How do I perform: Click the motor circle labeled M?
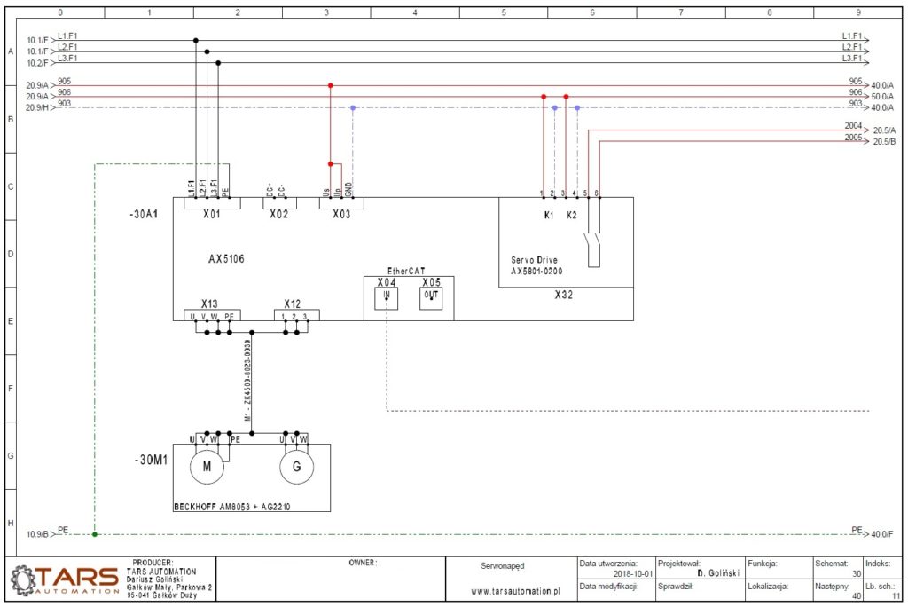coord(207,468)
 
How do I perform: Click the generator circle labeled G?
coord(297,468)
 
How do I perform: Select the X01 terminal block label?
coord(211,215)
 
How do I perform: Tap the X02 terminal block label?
coord(278,215)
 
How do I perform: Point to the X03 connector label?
coord(341,215)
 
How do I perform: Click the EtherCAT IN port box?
coord(387,297)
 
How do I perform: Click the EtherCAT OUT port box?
coord(431,297)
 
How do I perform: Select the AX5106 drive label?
coord(226,259)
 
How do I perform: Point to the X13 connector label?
coord(209,303)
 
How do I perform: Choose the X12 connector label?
coord(294,303)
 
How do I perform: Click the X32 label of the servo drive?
coord(564,294)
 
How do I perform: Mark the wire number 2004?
coord(853,126)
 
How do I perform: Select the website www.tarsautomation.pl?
coord(516,590)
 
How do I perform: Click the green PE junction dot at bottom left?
coord(95,534)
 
